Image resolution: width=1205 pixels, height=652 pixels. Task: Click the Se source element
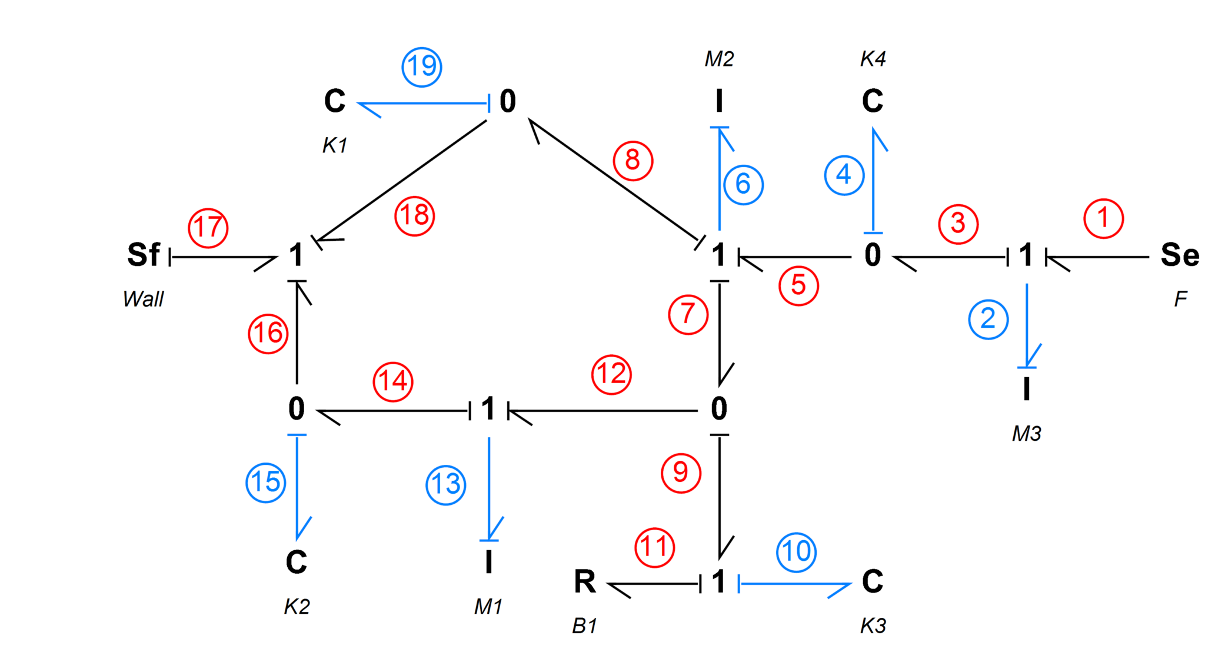pyautogui.click(x=1179, y=255)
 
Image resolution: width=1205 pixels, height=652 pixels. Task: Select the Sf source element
pyautogui.click(x=144, y=255)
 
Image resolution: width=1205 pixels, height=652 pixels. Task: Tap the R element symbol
pyautogui.click(x=585, y=582)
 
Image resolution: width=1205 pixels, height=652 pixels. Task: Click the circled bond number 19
pyautogui.click(x=422, y=66)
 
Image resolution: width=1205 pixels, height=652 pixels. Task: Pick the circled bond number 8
pyautogui.click(x=633, y=160)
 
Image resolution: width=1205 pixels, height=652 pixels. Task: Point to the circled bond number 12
pyautogui.click(x=611, y=374)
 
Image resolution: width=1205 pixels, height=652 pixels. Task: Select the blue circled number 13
pyautogui.click(x=446, y=485)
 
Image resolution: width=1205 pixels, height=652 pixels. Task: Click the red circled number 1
pyautogui.click(x=1104, y=218)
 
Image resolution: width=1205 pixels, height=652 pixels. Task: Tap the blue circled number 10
pyautogui.click(x=796, y=552)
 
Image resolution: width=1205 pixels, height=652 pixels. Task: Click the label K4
pyautogui.click(x=873, y=59)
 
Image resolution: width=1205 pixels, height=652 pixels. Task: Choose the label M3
pyautogui.click(x=1026, y=434)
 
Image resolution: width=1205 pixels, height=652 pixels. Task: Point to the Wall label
pyautogui.click(x=144, y=299)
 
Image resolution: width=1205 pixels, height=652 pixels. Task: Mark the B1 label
pyautogui.click(x=585, y=626)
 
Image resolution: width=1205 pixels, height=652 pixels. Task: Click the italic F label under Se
pyautogui.click(x=1180, y=299)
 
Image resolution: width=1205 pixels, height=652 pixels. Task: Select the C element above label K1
pyautogui.click(x=335, y=101)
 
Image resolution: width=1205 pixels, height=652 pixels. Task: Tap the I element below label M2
pyautogui.click(x=719, y=101)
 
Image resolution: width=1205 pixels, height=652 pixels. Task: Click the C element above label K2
pyautogui.click(x=297, y=562)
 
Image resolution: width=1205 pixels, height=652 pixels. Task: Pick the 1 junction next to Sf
pyautogui.click(x=296, y=255)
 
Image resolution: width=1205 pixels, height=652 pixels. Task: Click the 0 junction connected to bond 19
pyautogui.click(x=508, y=101)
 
